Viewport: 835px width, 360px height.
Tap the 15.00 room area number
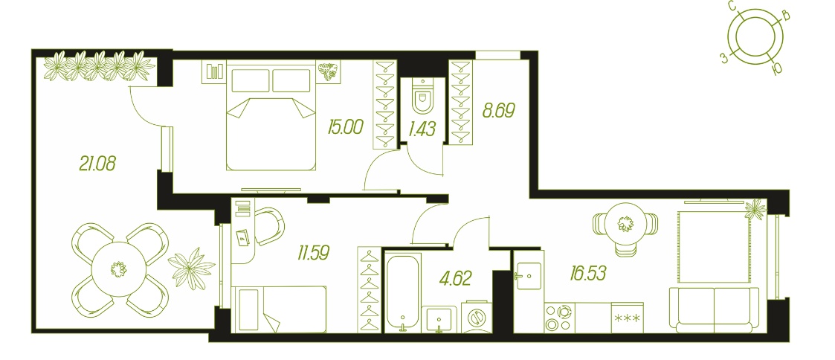346,127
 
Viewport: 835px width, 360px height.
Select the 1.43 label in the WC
422,129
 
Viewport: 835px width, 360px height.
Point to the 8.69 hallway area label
498,110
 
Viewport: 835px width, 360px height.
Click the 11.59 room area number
314,252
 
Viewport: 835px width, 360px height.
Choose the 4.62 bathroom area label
455,277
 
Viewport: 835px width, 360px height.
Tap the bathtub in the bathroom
403,293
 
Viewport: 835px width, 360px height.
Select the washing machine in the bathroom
477,318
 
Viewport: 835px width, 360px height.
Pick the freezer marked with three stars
628,318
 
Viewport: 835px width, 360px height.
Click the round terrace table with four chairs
120,269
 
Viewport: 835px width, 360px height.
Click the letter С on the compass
732,7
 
